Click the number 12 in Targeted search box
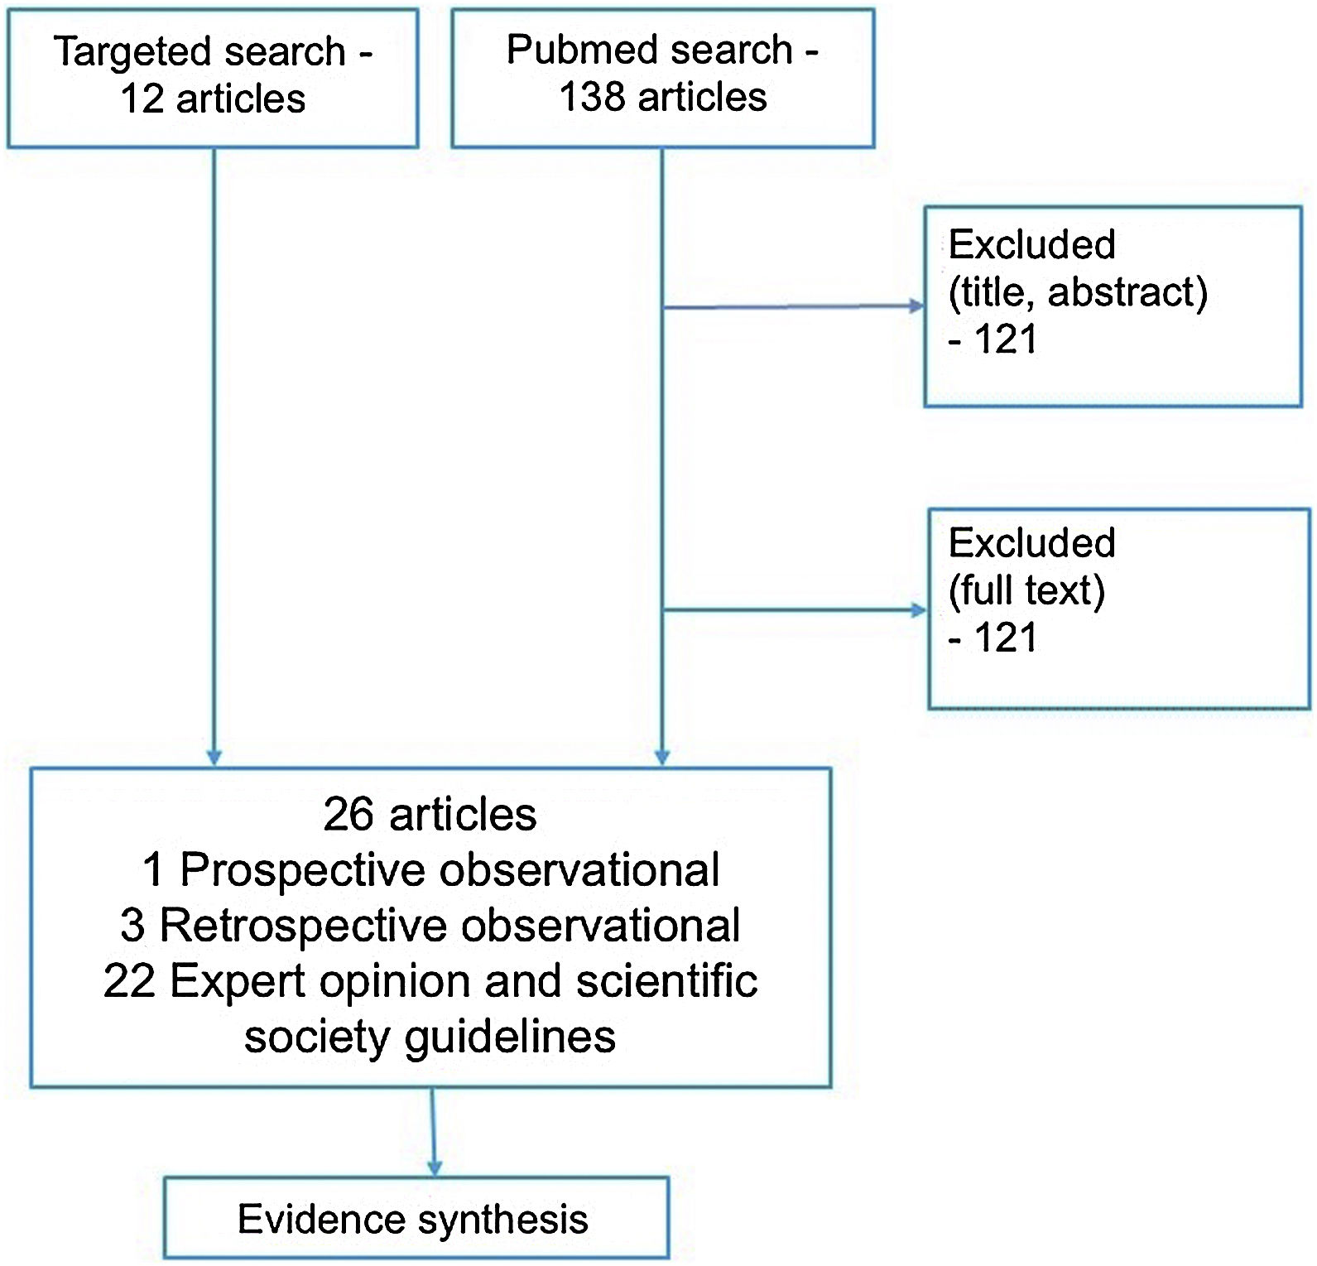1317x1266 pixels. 142,99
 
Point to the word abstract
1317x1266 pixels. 1127,292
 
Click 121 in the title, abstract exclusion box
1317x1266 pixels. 1006,339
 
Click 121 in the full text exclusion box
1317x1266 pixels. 1006,638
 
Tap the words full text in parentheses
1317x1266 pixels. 1026,591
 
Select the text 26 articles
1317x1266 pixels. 430,815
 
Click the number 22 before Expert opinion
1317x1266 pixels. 129,982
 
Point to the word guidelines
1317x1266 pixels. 510,1037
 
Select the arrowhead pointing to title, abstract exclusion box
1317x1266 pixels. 917,306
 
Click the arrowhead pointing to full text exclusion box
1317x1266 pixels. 919,611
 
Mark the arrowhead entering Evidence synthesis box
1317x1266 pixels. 434,1168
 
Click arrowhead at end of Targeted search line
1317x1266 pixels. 214,758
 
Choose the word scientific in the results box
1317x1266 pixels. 666,982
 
